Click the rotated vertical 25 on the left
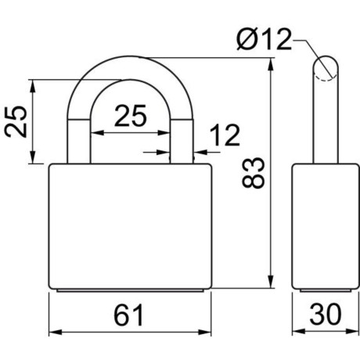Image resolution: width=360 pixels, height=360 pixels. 17,121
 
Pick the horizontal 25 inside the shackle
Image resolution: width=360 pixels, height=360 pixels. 131,117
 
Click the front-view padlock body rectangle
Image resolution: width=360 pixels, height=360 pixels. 130,227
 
